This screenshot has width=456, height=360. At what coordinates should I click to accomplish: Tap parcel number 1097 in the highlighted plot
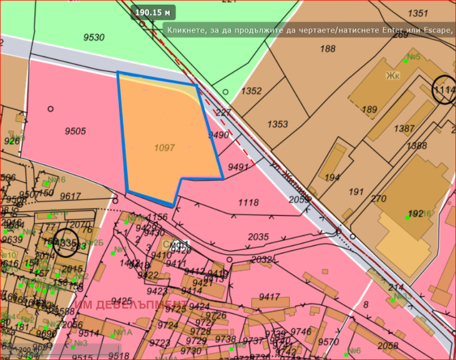[164, 147]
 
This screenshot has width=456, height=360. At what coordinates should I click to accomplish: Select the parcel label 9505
[75, 131]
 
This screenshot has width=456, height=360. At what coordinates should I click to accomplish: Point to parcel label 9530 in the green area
[94, 38]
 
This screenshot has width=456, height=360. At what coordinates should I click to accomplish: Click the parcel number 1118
[249, 202]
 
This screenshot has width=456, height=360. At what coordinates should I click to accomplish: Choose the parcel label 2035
[258, 236]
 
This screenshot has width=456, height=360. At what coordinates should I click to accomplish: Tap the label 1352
[251, 91]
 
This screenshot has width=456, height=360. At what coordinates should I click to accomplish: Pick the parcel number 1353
[278, 124]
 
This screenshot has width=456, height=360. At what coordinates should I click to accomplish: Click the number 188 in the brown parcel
[328, 49]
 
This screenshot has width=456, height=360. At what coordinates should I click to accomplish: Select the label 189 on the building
[369, 110]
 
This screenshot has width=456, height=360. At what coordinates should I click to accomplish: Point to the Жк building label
[393, 76]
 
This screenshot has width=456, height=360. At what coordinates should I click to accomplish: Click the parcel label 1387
[404, 129]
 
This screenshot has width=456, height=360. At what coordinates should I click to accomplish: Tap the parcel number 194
[332, 178]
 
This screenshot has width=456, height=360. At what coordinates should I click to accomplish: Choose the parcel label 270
[378, 199]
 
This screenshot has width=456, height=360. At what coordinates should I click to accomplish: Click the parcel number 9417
[269, 297]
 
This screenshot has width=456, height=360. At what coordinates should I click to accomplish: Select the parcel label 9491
[238, 167]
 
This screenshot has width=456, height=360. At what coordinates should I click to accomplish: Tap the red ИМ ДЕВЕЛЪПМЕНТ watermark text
[128, 304]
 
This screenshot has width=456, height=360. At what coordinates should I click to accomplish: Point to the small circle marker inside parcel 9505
[50, 108]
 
